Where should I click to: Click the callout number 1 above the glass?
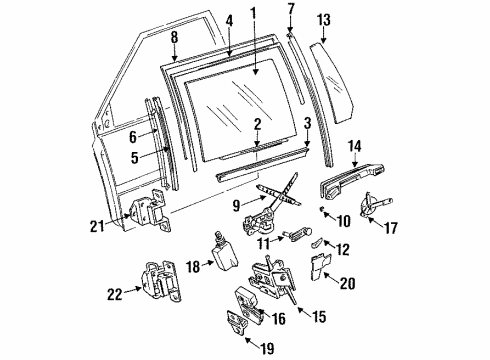pyautogui.click(x=254, y=15)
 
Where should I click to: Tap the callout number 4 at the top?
pyautogui.click(x=230, y=18)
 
